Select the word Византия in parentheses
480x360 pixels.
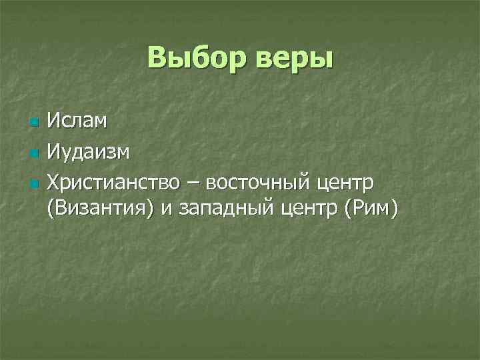pos(101,209)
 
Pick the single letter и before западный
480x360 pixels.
pos(166,210)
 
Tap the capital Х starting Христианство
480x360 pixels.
pos(53,182)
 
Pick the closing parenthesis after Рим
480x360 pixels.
pos(395,209)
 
